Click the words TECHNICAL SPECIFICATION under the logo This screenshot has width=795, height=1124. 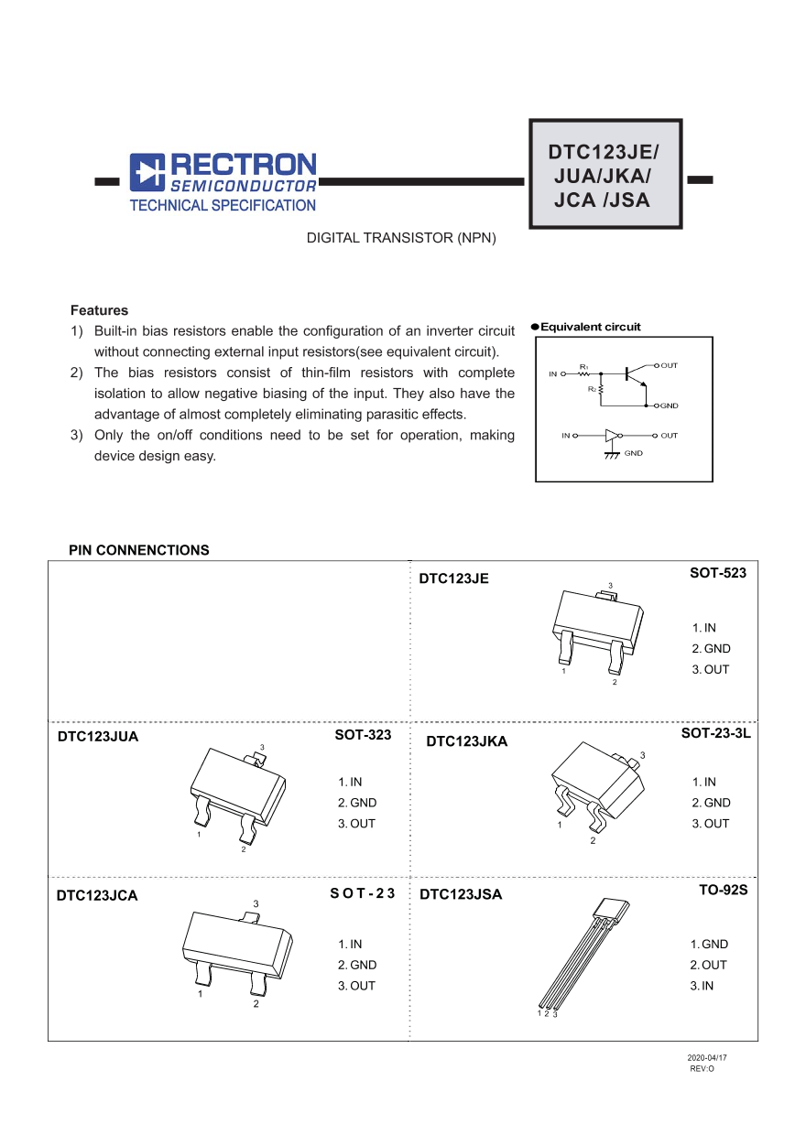click(x=223, y=206)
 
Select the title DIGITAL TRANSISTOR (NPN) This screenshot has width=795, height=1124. click(x=401, y=238)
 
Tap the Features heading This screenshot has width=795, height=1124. click(x=99, y=310)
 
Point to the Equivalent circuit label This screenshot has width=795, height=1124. click(x=591, y=327)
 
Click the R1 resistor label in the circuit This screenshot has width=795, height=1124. click(x=583, y=366)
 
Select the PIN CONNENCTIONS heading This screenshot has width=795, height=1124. click(x=139, y=550)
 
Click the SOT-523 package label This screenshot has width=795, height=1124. click(x=718, y=573)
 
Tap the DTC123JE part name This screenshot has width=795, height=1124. click(x=454, y=578)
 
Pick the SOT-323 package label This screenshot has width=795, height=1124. click(x=363, y=735)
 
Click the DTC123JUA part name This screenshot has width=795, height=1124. click(x=98, y=736)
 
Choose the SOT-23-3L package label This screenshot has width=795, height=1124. click(x=716, y=734)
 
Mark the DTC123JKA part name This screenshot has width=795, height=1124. click(x=467, y=741)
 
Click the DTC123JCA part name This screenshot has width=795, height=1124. click(x=97, y=895)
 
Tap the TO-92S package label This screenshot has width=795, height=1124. click(x=724, y=890)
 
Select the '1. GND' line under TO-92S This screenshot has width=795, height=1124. click(x=710, y=944)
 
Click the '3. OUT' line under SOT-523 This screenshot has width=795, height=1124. click(x=711, y=669)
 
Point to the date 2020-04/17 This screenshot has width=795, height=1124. click(x=707, y=1057)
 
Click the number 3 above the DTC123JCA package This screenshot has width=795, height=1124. click(x=256, y=903)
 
